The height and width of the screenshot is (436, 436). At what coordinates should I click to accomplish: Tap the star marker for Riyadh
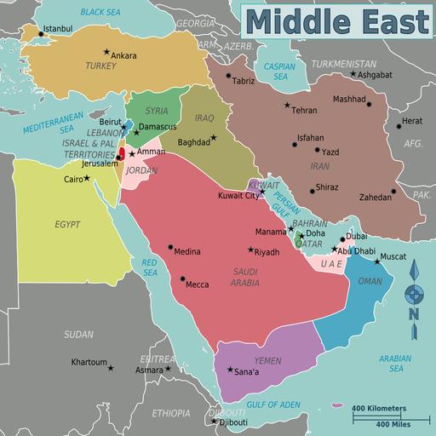click(250, 250)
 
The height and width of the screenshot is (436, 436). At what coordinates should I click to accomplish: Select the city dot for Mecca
click(183, 278)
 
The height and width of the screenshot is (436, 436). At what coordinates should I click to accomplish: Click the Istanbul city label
click(57, 29)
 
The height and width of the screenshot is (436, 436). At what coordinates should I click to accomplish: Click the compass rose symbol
click(413, 294)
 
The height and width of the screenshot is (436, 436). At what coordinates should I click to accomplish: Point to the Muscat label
click(393, 255)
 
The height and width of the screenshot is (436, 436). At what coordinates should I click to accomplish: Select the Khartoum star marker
click(110, 368)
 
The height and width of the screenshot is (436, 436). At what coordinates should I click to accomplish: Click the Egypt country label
click(67, 224)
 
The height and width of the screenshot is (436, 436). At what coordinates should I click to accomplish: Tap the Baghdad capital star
click(214, 137)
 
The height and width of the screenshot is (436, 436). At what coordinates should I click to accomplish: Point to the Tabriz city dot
click(229, 76)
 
